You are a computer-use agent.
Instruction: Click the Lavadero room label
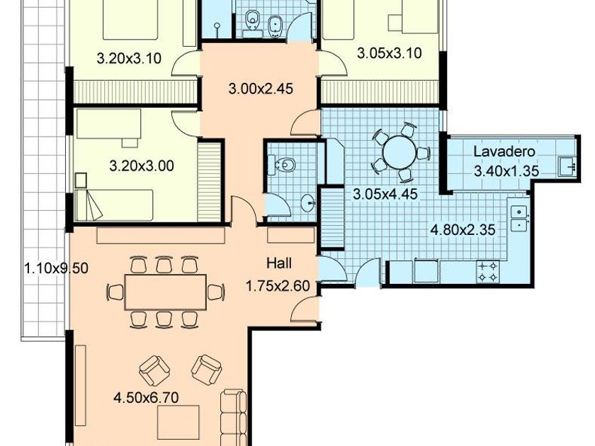(504, 151)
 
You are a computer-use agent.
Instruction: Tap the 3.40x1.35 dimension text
(506, 171)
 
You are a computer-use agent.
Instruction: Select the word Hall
(279, 263)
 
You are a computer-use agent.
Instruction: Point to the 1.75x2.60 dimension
(278, 285)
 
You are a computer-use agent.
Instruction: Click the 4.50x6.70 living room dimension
(146, 398)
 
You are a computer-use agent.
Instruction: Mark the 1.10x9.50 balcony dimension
(56, 268)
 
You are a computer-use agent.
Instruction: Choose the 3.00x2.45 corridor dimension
(261, 88)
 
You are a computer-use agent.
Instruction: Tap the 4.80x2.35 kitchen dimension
(463, 229)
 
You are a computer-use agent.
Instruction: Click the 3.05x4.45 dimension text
(385, 194)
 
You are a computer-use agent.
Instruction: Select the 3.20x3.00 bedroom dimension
(142, 166)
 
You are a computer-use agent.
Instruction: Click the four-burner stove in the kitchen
(488, 271)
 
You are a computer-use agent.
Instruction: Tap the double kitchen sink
(518, 218)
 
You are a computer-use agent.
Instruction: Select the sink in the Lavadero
(567, 166)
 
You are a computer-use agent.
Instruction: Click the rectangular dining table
(166, 292)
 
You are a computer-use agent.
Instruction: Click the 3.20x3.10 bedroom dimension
(129, 58)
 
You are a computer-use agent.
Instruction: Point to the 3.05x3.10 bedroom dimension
(390, 53)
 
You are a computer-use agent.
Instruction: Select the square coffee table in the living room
(178, 422)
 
